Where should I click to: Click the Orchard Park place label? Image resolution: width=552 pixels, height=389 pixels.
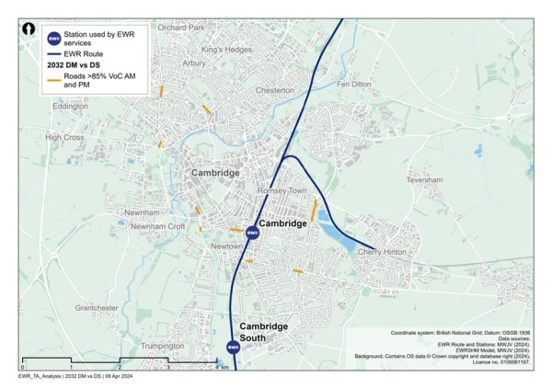click(x=179, y=28)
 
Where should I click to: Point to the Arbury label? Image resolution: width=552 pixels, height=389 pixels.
click(x=194, y=63)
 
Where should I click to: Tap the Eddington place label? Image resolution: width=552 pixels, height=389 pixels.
click(x=70, y=106)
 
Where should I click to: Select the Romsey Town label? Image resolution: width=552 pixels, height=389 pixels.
click(x=282, y=190)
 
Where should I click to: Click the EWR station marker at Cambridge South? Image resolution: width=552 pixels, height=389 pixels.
click(x=234, y=347)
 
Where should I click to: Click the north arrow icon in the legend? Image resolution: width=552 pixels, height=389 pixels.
click(x=29, y=29)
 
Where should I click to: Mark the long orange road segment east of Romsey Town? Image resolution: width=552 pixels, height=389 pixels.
click(x=315, y=210)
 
